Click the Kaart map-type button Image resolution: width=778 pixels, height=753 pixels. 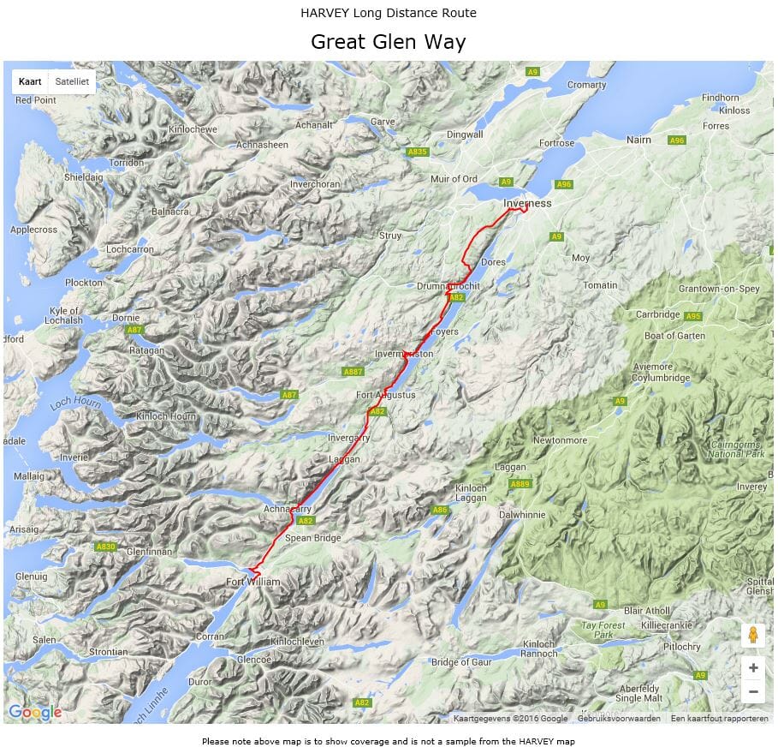point(30,81)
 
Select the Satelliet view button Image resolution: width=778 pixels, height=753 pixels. point(72,81)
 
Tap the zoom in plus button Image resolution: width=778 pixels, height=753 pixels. point(752,668)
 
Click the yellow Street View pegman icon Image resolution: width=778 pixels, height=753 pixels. point(752,636)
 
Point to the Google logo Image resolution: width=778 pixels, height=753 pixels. point(34,712)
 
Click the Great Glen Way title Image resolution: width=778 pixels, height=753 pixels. point(388,42)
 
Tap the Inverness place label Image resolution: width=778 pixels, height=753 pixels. point(527,203)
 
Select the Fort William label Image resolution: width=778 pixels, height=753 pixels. point(253,583)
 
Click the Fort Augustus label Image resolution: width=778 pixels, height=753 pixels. point(385,395)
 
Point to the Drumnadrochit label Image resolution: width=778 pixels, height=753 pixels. point(448,285)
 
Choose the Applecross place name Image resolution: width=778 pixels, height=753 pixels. point(33,230)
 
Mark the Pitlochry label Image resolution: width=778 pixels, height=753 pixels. point(680,647)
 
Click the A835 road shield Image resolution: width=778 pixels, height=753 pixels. point(417,152)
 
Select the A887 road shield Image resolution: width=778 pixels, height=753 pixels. point(353,372)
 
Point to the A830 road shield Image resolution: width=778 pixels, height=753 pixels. point(105,547)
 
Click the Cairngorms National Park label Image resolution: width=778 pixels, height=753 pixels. point(738,449)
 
